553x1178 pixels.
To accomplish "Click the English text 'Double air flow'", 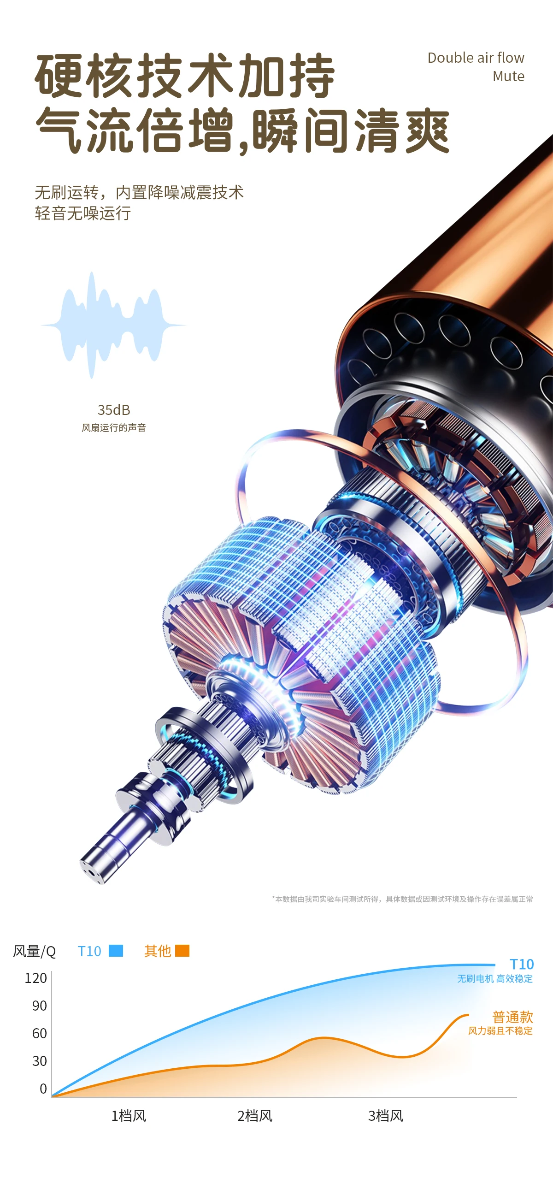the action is pyautogui.click(x=476, y=58).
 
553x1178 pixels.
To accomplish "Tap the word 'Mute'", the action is pyautogui.click(x=509, y=76).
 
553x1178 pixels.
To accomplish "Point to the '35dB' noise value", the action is pyautogui.click(x=114, y=409).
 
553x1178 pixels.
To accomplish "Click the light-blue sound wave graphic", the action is pyautogui.click(x=113, y=325).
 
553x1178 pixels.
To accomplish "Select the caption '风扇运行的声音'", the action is pyautogui.click(x=114, y=427).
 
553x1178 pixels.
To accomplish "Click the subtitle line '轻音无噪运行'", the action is pyautogui.click(x=83, y=213).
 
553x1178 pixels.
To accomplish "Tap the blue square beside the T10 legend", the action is pyautogui.click(x=116, y=950).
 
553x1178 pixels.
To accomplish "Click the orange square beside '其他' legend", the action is pyautogui.click(x=182, y=950).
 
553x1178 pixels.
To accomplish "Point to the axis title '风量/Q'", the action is pyautogui.click(x=35, y=951).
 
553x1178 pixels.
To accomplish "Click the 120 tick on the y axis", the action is pyautogui.click(x=36, y=977).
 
